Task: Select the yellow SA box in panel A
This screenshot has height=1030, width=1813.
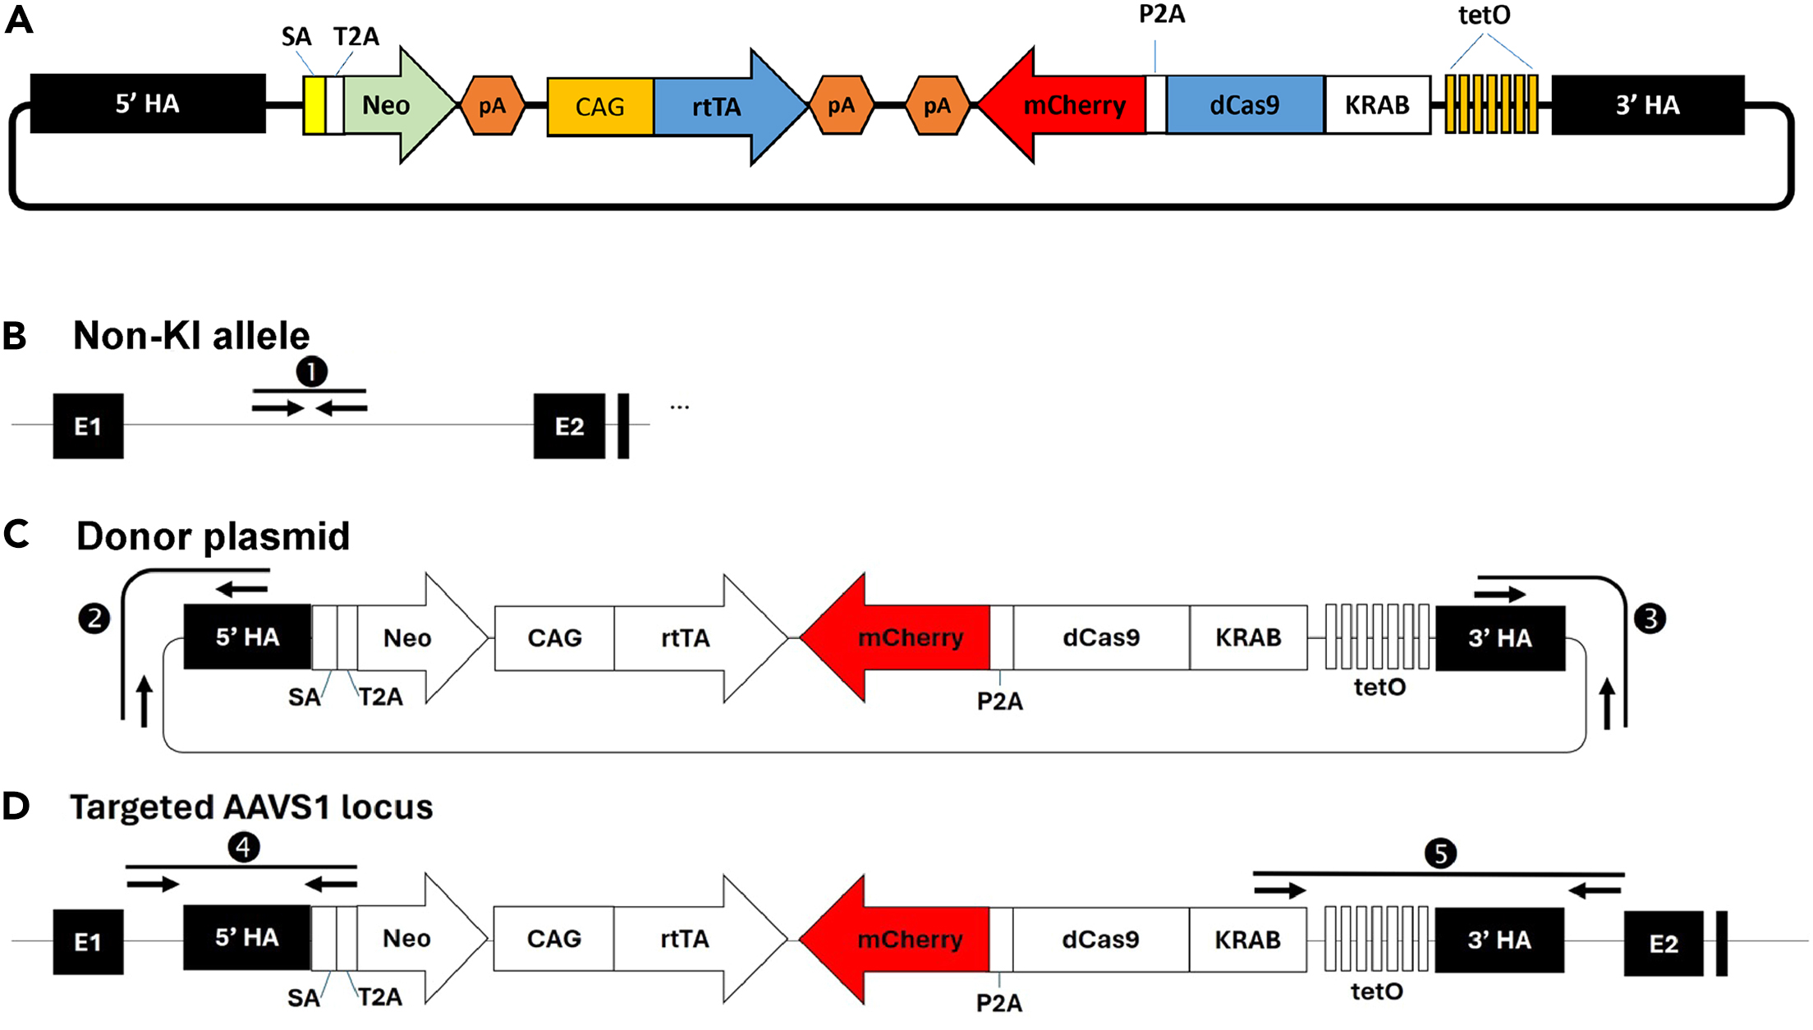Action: [314, 105]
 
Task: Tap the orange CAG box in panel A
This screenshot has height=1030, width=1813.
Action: [600, 106]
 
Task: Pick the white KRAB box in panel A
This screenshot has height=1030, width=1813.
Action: [1377, 105]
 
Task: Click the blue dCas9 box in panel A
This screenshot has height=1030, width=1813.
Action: [1244, 105]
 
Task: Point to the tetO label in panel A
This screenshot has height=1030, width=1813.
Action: [1484, 16]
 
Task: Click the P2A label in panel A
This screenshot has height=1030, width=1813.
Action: [1161, 15]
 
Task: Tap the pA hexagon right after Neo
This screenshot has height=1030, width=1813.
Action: [492, 106]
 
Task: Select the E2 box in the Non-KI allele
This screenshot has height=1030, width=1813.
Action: [569, 426]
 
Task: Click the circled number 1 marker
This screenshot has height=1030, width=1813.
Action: [311, 372]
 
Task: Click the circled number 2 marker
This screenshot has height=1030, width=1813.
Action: [94, 618]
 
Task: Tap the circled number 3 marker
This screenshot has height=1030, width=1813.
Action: [1650, 618]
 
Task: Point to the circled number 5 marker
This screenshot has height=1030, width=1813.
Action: [1440, 853]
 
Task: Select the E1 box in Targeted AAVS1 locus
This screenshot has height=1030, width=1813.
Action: [88, 942]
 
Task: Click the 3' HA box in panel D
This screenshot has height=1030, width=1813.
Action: [1499, 940]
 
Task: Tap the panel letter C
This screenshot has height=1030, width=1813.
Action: [16, 535]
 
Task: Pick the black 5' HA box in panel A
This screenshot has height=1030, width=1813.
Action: [148, 103]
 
